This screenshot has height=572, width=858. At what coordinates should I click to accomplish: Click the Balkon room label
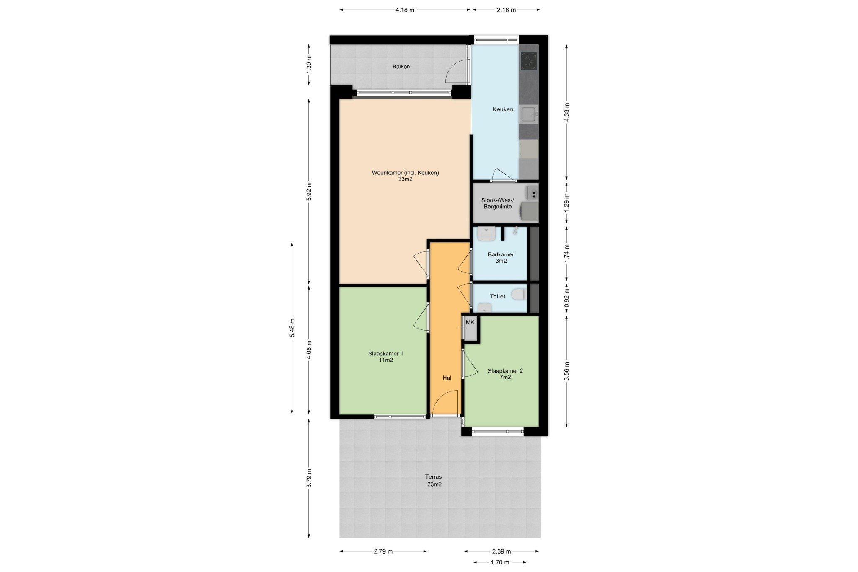(401, 67)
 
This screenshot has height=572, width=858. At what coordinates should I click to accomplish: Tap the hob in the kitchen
(529, 61)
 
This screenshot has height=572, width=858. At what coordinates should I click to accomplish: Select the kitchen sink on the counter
(529, 114)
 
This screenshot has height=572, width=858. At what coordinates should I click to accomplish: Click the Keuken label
(503, 109)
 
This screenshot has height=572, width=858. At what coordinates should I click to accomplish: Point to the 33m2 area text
(405, 179)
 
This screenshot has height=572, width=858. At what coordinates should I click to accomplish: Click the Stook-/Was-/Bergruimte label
(498, 203)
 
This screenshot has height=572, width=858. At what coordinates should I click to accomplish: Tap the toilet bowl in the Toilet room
(519, 294)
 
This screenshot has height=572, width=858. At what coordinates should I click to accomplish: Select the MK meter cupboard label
(470, 322)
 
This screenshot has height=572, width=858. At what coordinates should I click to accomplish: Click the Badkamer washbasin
(486, 234)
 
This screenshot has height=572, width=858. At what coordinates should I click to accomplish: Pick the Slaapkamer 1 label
(385, 354)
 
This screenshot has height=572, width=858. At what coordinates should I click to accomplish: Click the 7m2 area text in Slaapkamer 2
(505, 377)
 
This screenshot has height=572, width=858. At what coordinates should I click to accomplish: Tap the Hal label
(447, 378)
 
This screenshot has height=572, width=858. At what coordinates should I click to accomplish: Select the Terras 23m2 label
(434, 480)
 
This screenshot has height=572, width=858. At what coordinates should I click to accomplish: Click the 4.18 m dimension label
(405, 10)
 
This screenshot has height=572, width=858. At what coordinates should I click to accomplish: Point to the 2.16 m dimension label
(506, 10)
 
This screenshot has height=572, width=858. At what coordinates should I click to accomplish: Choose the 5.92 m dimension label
(309, 192)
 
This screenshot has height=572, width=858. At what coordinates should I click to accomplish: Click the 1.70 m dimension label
(500, 562)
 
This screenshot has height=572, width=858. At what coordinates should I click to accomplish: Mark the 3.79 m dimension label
(309, 478)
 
